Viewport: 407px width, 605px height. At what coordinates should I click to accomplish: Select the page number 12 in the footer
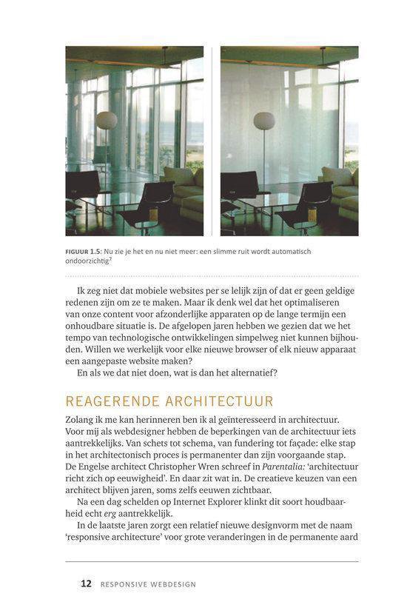pyautogui.click(x=86, y=584)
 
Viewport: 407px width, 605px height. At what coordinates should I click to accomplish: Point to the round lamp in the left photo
pyautogui.click(x=107, y=120)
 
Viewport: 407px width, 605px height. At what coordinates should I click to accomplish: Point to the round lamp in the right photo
pyautogui.click(x=264, y=121)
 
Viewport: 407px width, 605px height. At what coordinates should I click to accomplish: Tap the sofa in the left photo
pyautogui.click(x=185, y=191)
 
